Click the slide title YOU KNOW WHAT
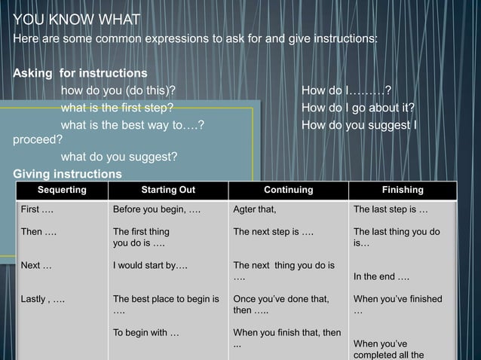pos(66,19)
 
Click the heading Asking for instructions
pos(80,74)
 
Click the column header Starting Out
pos(168,191)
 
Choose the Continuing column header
pos(288,191)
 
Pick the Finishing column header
pos(403,191)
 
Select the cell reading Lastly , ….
pos(42,299)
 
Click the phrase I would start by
pos(150,265)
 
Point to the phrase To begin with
pos(146,333)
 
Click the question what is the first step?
pos(117,108)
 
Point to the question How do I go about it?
pos(358,108)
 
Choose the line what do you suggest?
pos(119,157)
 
